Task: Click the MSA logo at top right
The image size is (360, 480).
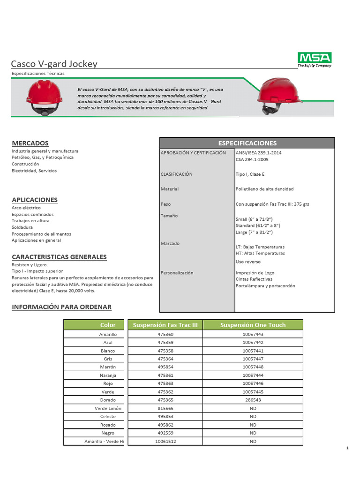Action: click(x=315, y=60)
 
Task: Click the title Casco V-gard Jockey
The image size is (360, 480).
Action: click(x=54, y=64)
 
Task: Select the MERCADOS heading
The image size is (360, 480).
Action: click(x=30, y=143)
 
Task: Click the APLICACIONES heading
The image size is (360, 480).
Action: click(x=35, y=200)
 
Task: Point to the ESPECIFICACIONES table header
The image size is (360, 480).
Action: click(x=247, y=143)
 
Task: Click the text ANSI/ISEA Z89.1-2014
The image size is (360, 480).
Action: click(x=258, y=153)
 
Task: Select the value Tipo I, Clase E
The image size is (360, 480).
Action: click(x=250, y=174)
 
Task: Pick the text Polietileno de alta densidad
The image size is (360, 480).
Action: click(x=264, y=189)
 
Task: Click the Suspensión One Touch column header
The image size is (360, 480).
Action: click(x=253, y=325)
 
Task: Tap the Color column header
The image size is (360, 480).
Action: click(x=108, y=325)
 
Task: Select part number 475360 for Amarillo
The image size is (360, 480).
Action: click(x=165, y=334)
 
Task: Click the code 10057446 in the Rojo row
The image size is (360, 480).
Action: click(x=253, y=383)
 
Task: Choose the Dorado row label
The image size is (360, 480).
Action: click(x=107, y=400)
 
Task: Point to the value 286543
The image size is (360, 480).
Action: click(x=253, y=400)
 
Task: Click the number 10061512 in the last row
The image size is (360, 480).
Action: click(x=165, y=441)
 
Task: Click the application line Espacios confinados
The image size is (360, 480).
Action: click(x=33, y=214)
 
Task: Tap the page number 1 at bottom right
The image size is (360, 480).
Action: click(x=347, y=449)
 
